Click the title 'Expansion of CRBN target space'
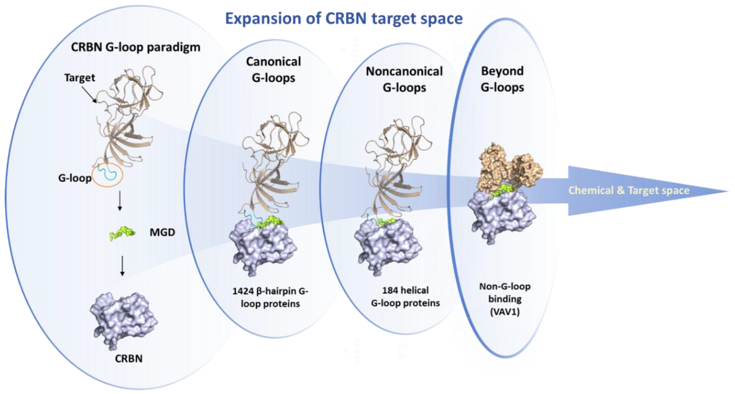click(x=344, y=19)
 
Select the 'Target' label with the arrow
click(x=80, y=78)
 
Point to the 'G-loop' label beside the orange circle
click(x=75, y=178)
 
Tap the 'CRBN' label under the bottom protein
click(x=129, y=359)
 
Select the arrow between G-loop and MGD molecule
click(x=120, y=201)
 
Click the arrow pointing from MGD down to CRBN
click(x=122, y=266)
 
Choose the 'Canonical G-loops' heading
click(x=273, y=70)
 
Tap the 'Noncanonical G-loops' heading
click(x=404, y=79)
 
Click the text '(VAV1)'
click(x=505, y=312)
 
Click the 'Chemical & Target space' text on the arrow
click(x=629, y=191)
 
